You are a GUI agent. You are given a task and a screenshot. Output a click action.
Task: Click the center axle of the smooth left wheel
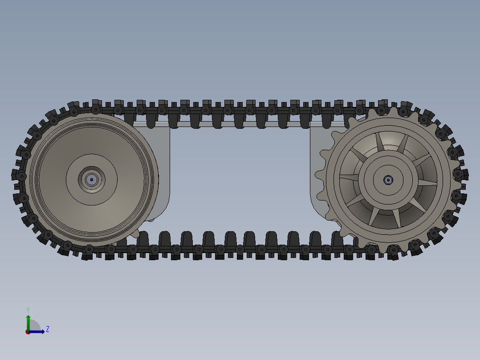click(92, 180)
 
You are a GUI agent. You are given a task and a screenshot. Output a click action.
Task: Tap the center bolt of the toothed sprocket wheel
click(388, 180)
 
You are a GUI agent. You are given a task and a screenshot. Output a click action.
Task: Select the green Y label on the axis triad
click(28, 309)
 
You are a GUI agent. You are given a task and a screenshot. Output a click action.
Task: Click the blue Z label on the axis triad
click(47, 329)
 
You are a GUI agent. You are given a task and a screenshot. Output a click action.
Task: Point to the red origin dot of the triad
click(28, 332)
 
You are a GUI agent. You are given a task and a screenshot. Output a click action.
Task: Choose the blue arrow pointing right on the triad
click(38, 331)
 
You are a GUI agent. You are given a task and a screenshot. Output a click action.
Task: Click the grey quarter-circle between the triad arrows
click(34, 326)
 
